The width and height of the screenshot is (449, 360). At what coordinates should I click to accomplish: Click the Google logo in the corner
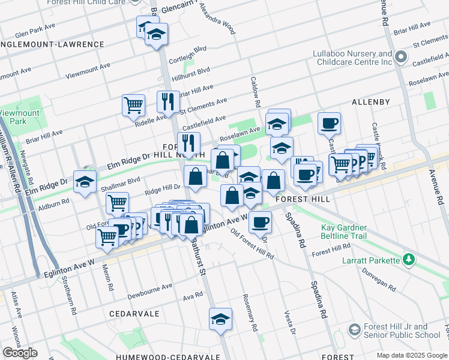tap(20, 353)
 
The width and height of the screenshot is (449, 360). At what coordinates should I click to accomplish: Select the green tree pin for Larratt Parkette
tap(409, 259)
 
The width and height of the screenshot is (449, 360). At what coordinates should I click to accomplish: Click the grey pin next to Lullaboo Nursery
tap(402, 58)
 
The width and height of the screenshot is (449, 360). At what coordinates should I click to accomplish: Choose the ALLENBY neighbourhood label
tap(371, 102)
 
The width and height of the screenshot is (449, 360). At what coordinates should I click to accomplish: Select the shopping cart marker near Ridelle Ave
tap(133, 105)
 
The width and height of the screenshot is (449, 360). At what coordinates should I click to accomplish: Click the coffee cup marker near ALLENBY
tap(329, 123)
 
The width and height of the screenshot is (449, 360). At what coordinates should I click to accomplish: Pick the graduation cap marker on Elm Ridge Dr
tap(85, 181)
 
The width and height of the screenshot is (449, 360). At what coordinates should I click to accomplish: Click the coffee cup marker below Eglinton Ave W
tap(259, 221)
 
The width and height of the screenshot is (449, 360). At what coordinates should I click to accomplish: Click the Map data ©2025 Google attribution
tap(412, 355)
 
